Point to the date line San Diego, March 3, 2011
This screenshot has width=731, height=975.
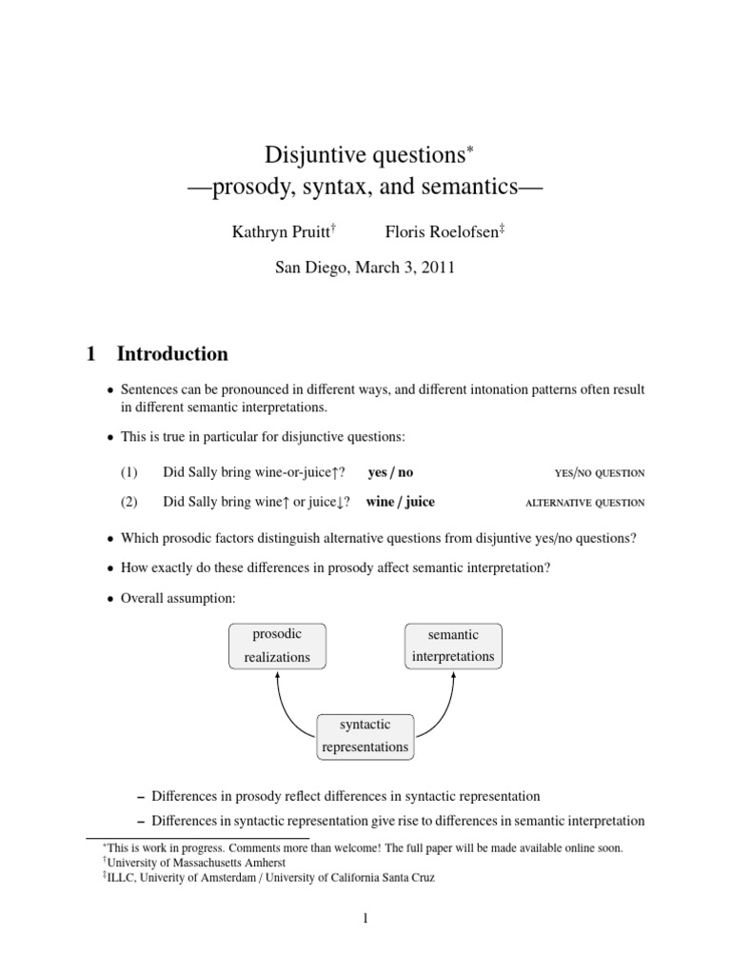tap(365, 268)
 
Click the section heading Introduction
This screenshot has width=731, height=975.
tap(172, 354)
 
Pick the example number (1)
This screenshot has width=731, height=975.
tap(129, 472)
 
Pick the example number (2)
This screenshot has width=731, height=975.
tap(129, 502)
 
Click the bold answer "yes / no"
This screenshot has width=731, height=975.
tap(390, 472)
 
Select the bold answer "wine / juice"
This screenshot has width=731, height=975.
tap(406, 502)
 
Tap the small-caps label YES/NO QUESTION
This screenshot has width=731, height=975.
tap(599, 473)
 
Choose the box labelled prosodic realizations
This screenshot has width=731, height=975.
tap(276, 646)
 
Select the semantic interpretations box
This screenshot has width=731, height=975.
tap(454, 646)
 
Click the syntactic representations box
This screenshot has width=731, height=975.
tap(365, 736)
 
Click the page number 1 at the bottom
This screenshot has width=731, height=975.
tap(365, 918)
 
